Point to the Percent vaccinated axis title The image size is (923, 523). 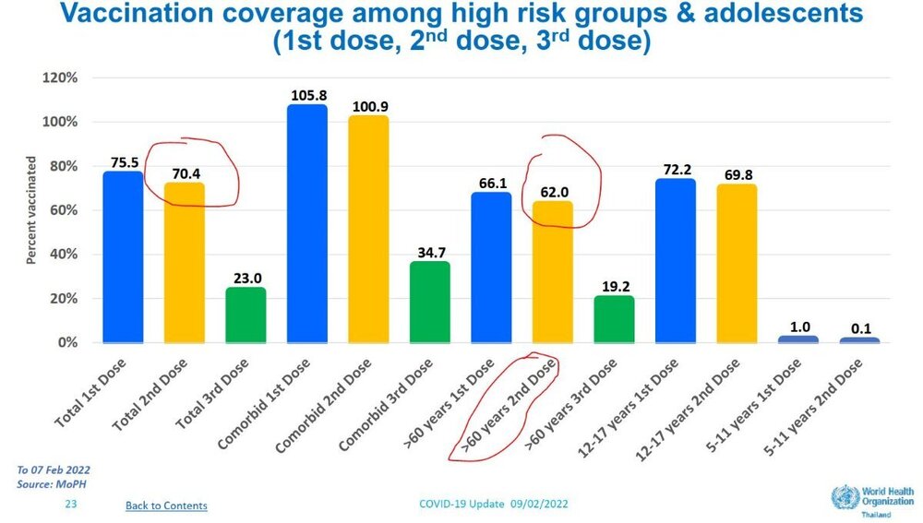coord(30,210)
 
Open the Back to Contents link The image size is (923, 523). coord(166,505)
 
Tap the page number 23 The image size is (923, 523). coord(70,505)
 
